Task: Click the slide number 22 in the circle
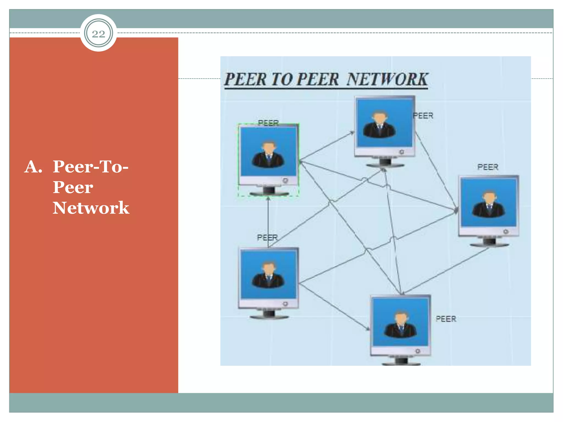(98, 34)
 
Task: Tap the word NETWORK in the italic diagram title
(387, 79)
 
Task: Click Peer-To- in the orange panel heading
(90, 166)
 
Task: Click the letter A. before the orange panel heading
(33, 167)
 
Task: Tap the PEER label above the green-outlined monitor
(268, 123)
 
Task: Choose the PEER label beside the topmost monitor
(423, 116)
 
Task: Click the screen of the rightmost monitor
(489, 202)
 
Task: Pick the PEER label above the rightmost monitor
(488, 167)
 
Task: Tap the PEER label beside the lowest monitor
(446, 319)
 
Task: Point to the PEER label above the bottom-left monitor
(267, 237)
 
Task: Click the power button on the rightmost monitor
(506, 232)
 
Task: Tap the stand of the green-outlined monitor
(269, 191)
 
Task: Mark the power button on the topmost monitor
(402, 152)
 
